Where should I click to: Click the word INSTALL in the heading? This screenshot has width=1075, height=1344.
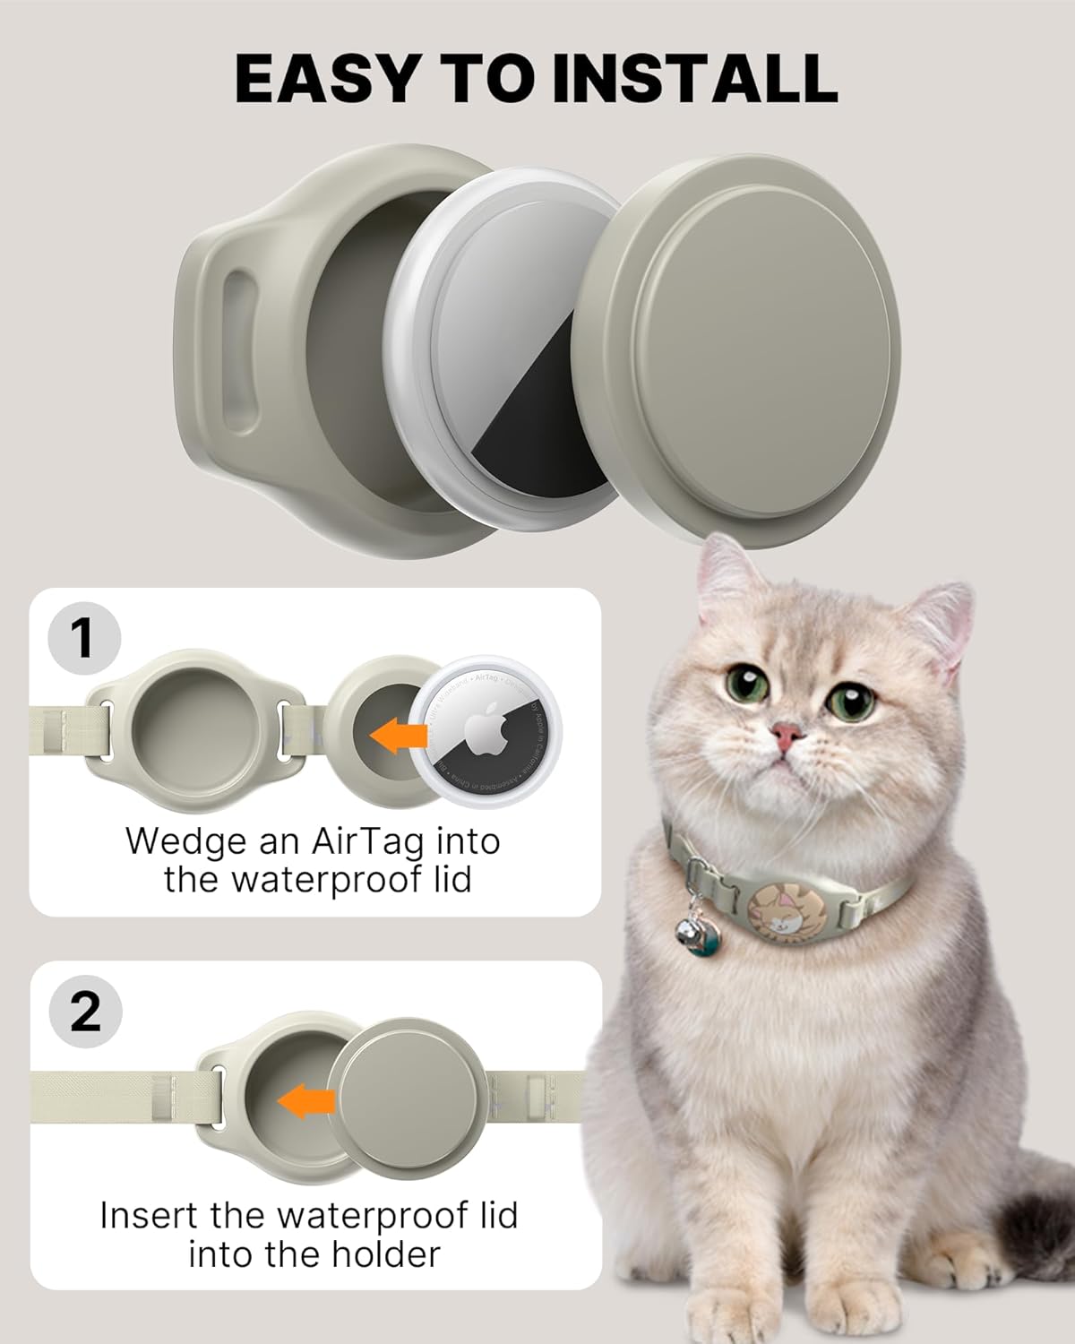pos(694,79)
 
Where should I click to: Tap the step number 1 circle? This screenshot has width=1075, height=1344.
pos(82,638)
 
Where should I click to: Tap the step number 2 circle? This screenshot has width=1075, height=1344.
pos(84,1012)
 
